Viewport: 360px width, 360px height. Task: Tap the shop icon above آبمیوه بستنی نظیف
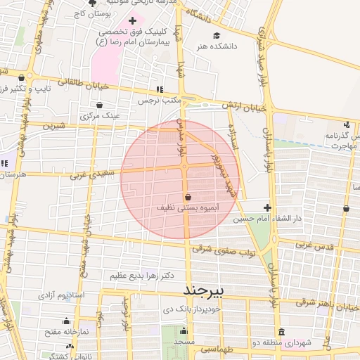click(x=187, y=198)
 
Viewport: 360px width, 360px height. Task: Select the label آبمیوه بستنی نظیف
click(x=187, y=209)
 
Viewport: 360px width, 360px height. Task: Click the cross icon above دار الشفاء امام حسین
click(x=267, y=207)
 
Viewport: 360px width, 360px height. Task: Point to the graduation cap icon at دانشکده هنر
click(x=217, y=36)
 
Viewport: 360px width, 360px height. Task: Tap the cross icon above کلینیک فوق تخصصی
click(x=132, y=21)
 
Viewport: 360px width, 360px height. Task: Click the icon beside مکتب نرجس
click(x=160, y=90)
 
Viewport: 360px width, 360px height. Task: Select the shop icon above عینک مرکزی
click(x=99, y=105)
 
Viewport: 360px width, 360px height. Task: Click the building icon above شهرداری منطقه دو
click(x=282, y=332)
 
